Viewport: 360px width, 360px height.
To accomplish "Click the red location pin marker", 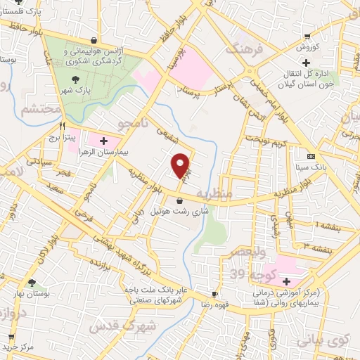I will pos(181,165).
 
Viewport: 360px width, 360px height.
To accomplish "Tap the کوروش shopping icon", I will pos(307,37).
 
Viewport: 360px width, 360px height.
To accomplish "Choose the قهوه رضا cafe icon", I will pos(215,294).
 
